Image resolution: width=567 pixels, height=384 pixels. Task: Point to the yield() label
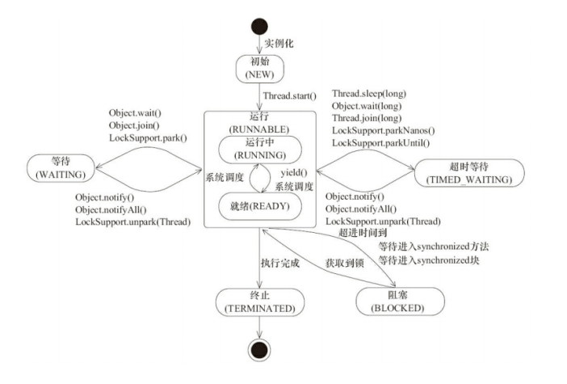[x=292, y=173]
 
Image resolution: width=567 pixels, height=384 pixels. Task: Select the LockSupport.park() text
[x=148, y=137]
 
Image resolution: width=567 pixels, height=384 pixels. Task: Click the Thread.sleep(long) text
[x=368, y=95]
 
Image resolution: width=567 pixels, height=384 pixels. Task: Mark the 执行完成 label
[x=280, y=263]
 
